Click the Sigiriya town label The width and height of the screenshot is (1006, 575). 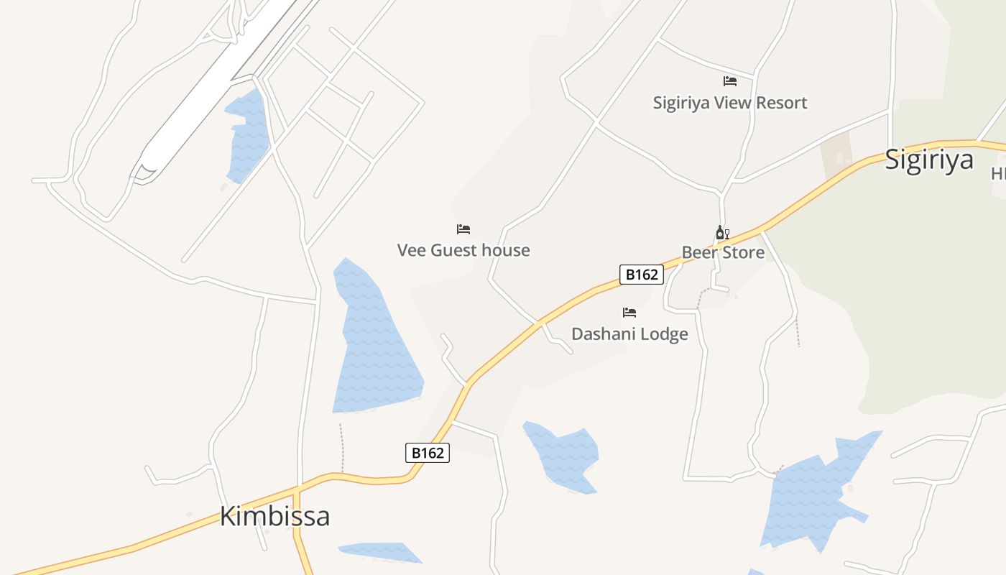click(x=928, y=160)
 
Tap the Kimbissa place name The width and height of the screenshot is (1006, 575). click(x=274, y=516)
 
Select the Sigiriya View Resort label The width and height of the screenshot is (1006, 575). click(x=729, y=103)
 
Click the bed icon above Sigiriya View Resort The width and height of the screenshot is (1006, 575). click(x=730, y=81)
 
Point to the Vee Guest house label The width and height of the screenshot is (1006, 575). click(x=463, y=250)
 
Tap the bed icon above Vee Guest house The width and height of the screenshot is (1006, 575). click(x=463, y=229)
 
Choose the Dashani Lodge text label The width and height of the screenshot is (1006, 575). click(x=629, y=333)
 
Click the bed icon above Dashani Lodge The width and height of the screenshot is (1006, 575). click(x=629, y=312)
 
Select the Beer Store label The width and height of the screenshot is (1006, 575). click(x=723, y=252)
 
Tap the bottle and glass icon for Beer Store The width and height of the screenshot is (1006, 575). click(x=722, y=232)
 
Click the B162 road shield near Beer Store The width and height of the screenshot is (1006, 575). click(x=641, y=275)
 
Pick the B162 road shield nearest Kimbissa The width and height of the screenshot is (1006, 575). click(x=428, y=453)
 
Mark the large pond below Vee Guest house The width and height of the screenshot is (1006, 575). click(x=374, y=345)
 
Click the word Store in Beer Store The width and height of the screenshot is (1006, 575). click(x=743, y=252)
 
